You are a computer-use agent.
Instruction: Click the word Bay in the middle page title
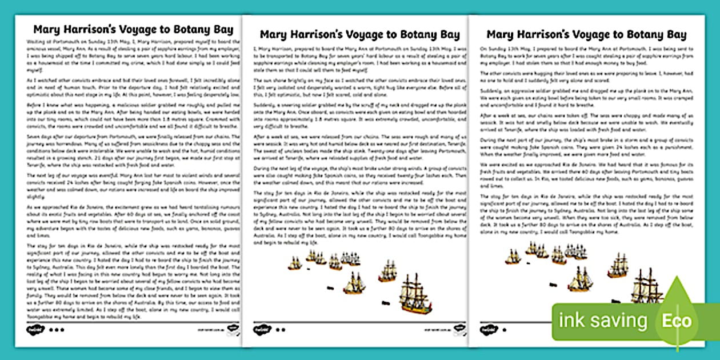447,34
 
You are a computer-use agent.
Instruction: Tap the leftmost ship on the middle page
294,263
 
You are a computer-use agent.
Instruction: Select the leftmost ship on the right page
513,257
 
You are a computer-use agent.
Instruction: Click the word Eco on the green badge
677,321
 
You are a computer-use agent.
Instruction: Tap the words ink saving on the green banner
603,321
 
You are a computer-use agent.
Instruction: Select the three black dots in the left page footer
57,330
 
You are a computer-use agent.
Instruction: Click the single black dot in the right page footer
505,330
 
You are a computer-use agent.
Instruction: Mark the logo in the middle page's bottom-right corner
458,329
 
